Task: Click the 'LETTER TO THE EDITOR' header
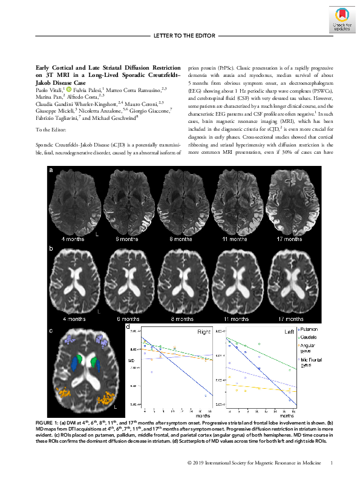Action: (x=181, y=36)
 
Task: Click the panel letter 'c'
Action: (x=51, y=331)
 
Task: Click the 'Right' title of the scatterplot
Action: (x=205, y=332)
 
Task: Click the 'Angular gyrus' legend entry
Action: (x=318, y=349)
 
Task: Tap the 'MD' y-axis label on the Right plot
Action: (x=131, y=362)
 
